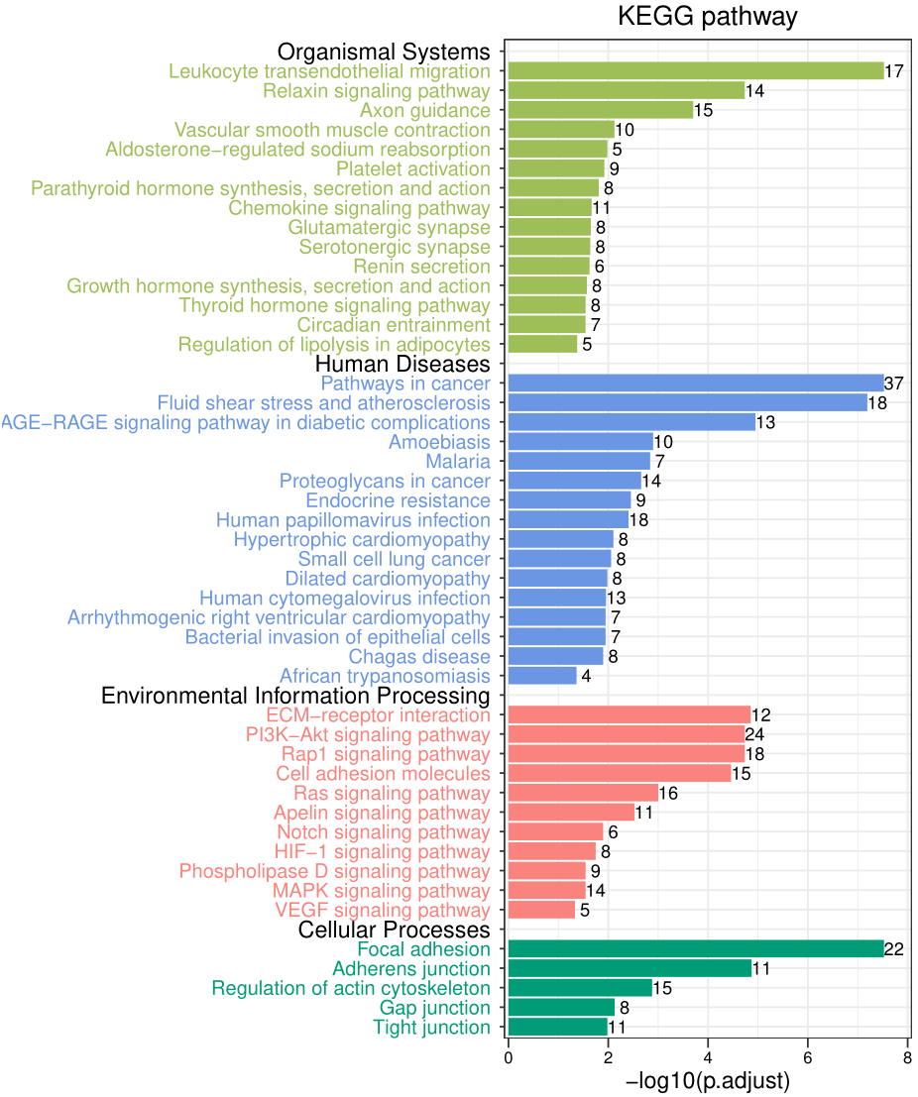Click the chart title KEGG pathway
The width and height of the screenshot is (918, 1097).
pos(707,17)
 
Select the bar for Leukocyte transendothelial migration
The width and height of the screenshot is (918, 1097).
pos(695,71)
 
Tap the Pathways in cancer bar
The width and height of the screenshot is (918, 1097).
pos(695,384)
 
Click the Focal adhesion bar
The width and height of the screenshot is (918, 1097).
pos(695,949)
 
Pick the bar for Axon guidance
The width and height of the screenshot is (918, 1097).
pos(600,110)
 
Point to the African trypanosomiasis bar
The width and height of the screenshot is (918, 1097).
pos(542,676)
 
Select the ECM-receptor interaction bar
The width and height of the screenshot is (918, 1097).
pos(629,714)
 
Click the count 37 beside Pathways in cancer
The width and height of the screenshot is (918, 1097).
pos(894,384)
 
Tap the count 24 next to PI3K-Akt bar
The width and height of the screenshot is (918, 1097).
pos(755,734)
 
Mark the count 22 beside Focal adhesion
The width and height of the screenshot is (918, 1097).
pos(894,949)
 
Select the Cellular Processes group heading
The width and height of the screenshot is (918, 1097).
pos(394,931)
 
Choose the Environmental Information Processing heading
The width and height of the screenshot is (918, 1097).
pos(295,696)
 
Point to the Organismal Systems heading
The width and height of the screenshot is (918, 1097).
pos(384,52)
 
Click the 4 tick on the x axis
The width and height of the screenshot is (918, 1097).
pos(708,1057)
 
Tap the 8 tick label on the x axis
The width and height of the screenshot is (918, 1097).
pos(908,1057)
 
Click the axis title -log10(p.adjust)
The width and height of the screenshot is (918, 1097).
pos(708,1081)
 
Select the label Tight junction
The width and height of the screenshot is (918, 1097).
pos(431,1028)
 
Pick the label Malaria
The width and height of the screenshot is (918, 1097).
pos(457,462)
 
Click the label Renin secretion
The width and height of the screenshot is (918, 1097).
pos(421,267)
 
